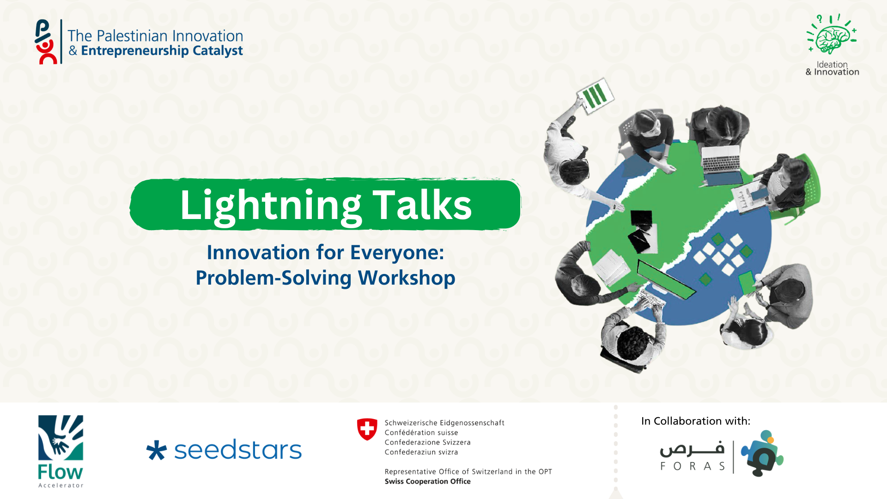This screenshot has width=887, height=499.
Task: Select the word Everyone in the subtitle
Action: point(397,253)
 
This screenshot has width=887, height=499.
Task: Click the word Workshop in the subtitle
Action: point(407,278)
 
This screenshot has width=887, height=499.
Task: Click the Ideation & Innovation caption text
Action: point(832,68)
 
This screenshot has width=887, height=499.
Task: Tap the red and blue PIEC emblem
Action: point(46,42)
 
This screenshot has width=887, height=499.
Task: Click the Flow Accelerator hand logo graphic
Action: point(61,438)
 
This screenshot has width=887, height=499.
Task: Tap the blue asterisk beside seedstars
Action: point(156,450)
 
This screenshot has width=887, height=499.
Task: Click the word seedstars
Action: point(238,450)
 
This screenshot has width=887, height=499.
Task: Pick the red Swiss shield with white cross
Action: point(367,429)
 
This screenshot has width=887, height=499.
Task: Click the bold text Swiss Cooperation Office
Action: point(428,481)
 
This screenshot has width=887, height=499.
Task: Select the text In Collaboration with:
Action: point(696,421)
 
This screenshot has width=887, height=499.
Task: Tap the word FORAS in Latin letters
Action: point(693,466)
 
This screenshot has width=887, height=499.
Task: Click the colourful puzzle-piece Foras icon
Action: point(762,453)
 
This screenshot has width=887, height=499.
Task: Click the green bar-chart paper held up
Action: point(595,96)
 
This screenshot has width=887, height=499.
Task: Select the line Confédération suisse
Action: point(421,433)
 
